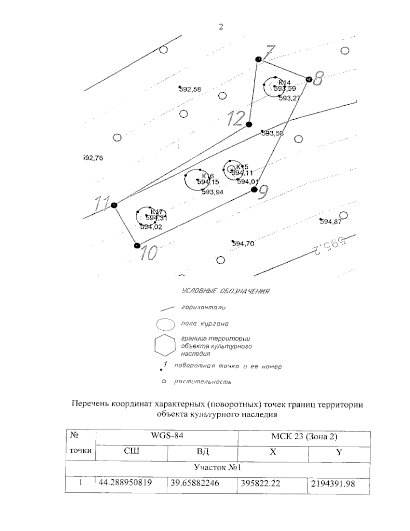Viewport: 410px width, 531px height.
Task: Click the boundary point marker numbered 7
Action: [x=259, y=59]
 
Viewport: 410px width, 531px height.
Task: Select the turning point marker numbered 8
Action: [x=309, y=79]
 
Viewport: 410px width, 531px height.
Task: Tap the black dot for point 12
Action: [x=249, y=124]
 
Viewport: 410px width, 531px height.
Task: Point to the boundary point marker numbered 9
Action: [x=254, y=190]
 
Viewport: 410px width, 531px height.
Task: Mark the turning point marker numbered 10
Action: [x=137, y=245]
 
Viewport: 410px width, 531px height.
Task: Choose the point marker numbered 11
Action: [x=114, y=205]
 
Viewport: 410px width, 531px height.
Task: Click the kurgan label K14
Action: [x=284, y=82]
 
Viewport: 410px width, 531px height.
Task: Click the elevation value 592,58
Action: [x=190, y=90]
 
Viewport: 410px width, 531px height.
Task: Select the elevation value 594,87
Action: [x=330, y=222]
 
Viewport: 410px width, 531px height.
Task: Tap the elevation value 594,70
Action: [x=243, y=244]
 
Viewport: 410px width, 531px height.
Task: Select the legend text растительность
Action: [x=203, y=382]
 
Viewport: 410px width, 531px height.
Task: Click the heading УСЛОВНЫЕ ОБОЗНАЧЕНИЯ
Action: [x=225, y=291]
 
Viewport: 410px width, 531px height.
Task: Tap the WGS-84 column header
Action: [x=167, y=437]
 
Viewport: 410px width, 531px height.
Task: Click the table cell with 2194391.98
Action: [x=333, y=483]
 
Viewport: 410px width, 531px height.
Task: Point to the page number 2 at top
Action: [x=221, y=27]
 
